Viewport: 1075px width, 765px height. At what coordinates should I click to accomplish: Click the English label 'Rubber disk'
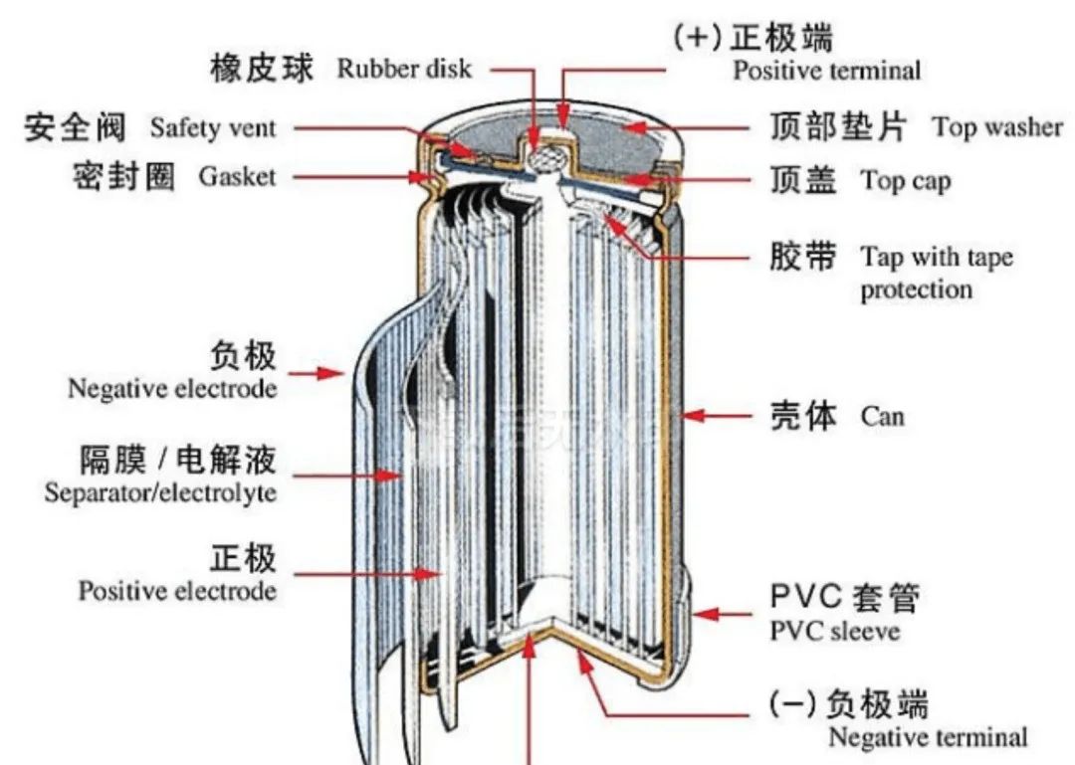[404, 69]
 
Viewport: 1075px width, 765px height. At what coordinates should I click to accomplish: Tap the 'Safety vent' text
[213, 127]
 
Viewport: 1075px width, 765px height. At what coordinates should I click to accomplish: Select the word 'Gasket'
[237, 177]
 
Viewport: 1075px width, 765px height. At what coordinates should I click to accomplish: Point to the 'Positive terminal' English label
[826, 71]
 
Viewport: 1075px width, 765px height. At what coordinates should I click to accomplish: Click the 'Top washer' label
[997, 127]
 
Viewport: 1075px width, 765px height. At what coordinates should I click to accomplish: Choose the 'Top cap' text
[906, 181]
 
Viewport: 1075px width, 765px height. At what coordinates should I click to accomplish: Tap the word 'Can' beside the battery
[883, 416]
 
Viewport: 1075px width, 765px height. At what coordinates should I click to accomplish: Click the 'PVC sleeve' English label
[835, 632]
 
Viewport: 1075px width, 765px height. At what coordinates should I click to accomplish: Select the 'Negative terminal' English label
[927, 737]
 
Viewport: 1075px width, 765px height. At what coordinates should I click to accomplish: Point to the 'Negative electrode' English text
[172, 388]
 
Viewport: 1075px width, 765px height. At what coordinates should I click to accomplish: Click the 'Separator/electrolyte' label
[160, 492]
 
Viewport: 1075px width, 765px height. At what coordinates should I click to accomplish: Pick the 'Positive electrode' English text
[177, 591]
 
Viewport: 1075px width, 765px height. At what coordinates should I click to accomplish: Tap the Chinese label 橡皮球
[262, 68]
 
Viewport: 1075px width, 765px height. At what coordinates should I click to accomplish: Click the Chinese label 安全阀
[76, 127]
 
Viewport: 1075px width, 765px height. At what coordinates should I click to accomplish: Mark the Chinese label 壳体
[805, 415]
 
